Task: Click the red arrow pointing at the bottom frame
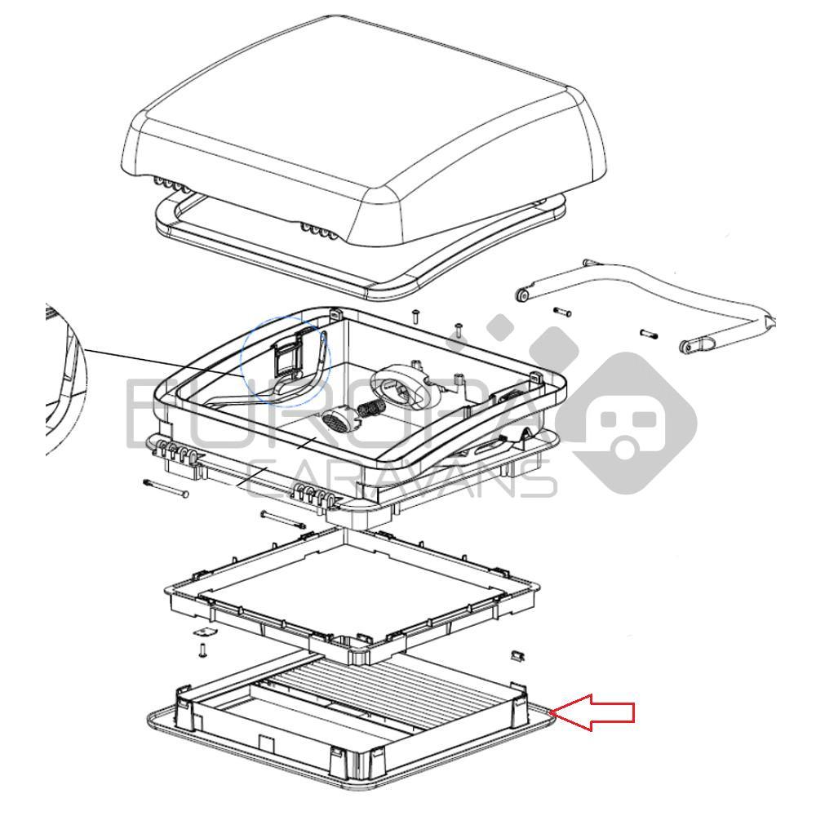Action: coord(594,712)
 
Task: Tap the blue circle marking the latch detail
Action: coord(286,359)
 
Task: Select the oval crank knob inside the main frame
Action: coord(406,384)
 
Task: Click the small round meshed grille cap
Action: coord(336,421)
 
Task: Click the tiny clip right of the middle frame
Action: coord(516,654)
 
